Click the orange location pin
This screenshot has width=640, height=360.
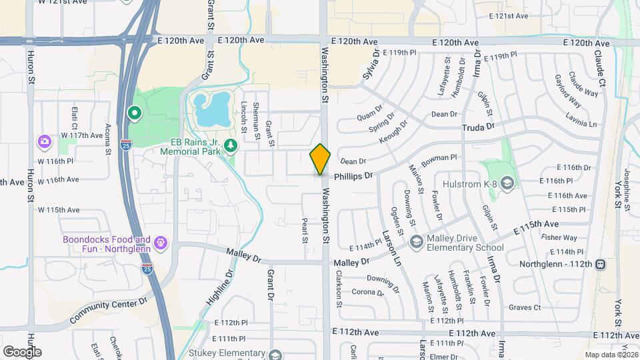pos(320,159)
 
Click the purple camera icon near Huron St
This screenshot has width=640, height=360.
pos(45,141)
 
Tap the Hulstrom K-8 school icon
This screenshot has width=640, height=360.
pos(507,183)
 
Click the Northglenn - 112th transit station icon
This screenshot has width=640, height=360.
pos(601,264)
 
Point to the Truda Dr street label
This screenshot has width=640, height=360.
pos(480,126)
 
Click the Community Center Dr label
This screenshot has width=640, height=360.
pos(107,311)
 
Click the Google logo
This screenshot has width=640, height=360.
pos(22,352)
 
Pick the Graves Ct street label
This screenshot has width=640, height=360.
pos(525,307)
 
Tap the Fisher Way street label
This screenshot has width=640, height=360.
pos(559,237)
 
